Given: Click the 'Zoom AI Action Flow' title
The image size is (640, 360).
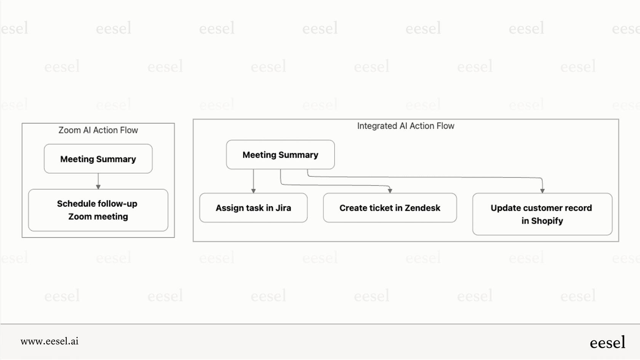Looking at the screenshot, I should (98, 130).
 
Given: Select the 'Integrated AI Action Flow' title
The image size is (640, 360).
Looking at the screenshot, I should (405, 126).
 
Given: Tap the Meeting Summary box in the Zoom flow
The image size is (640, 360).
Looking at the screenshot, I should (98, 159).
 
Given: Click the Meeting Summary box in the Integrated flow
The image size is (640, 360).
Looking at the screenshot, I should (280, 155).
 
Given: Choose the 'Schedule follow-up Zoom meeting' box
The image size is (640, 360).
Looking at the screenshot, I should (98, 210).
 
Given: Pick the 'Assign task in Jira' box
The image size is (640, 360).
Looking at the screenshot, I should (253, 208).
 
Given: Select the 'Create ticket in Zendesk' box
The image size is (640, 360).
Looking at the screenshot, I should (390, 208).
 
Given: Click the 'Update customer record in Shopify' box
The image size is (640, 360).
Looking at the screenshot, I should (542, 214).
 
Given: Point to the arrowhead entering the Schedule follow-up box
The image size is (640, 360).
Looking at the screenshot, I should (98, 187).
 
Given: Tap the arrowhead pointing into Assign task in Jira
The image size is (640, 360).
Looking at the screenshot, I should (253, 191).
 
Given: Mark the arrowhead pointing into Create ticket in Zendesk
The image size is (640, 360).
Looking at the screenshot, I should (390, 191).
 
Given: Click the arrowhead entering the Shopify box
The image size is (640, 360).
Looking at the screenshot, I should (542, 191).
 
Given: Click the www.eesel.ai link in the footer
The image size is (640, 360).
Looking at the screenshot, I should (50, 341).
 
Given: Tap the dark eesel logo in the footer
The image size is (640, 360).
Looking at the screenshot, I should (607, 342).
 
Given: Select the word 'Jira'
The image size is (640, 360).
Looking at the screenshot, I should (283, 208).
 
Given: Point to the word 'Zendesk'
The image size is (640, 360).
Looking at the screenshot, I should (422, 208).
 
